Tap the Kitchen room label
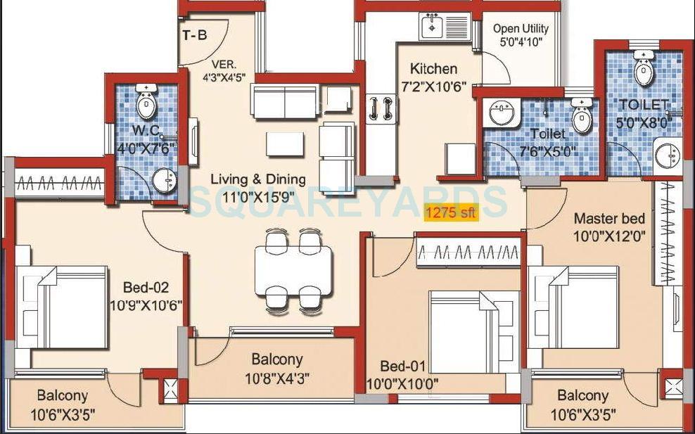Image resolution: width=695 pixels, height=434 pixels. pyautogui.click(x=433, y=69)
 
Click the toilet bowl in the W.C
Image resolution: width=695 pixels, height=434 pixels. pyautogui.click(x=146, y=103)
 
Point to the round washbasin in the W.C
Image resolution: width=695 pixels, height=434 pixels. pyautogui.click(x=165, y=181)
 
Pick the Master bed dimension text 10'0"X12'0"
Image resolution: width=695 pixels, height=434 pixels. pyautogui.click(x=609, y=236)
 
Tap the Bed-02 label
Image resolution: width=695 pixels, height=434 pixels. pyautogui.click(x=146, y=288)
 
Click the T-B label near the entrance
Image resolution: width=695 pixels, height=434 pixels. pyautogui.click(x=195, y=35)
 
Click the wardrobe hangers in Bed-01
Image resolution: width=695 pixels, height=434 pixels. pyautogui.click(x=468, y=252)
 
